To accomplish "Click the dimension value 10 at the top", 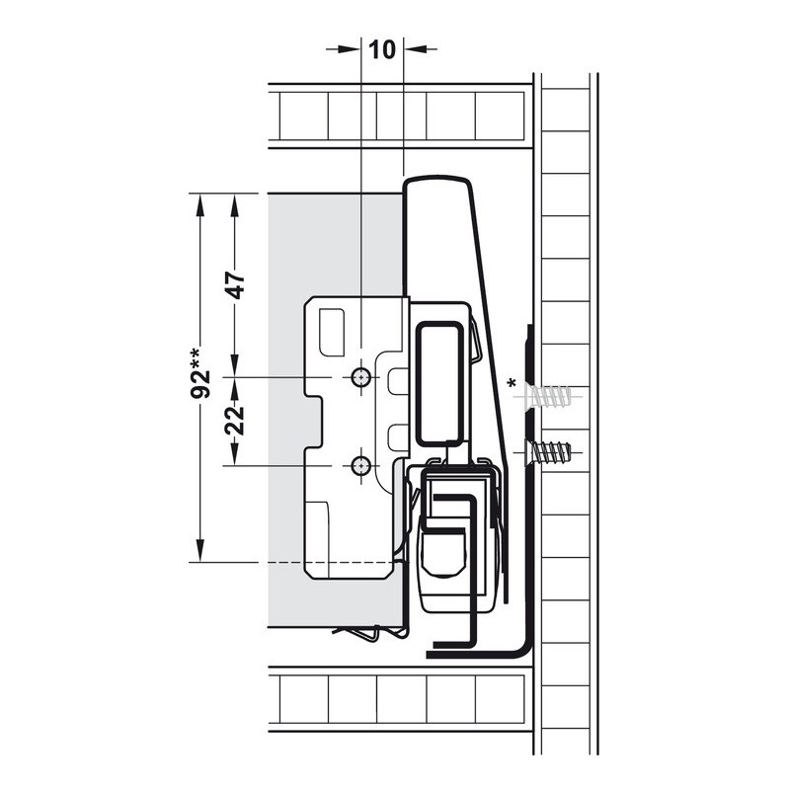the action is pyautogui.click(x=382, y=49).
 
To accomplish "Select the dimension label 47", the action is pyautogui.click(x=235, y=285).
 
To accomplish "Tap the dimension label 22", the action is pyautogui.click(x=235, y=421).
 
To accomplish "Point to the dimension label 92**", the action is pyautogui.click(x=201, y=373).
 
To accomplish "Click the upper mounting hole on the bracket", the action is pyautogui.click(x=360, y=377).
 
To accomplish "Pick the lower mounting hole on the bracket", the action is pyautogui.click(x=360, y=466).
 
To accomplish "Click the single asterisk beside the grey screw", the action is pyautogui.click(x=513, y=384).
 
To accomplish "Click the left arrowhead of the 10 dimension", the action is pyautogui.click(x=349, y=48).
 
